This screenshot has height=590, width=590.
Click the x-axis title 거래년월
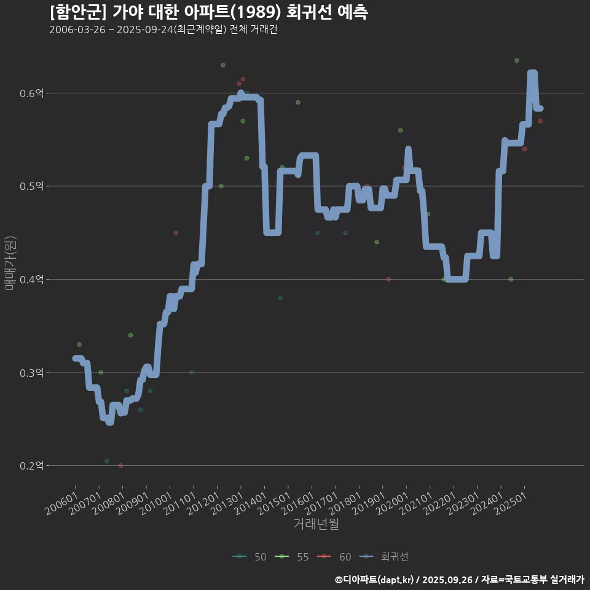[x=317, y=524]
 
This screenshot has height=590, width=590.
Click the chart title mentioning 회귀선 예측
[x=209, y=12]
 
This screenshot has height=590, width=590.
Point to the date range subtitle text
[x=163, y=30]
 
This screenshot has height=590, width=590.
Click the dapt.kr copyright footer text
[x=460, y=580]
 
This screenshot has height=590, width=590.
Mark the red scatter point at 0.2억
[x=120, y=466]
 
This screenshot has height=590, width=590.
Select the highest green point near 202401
[x=517, y=60]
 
